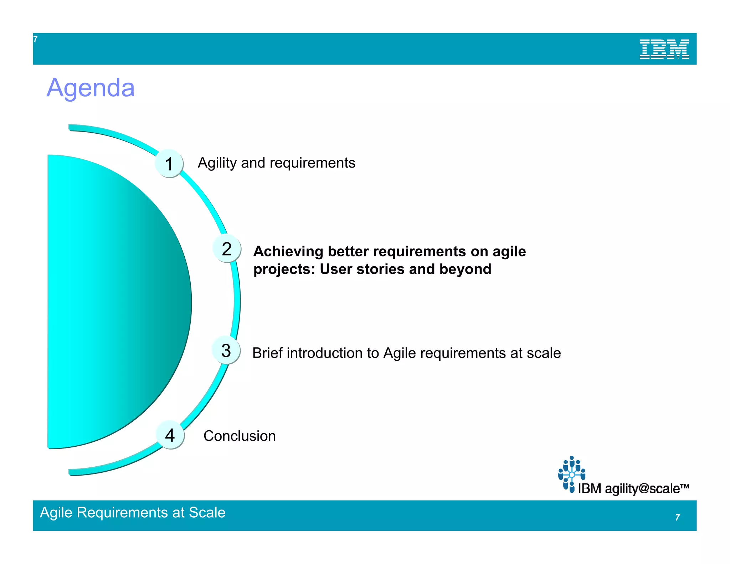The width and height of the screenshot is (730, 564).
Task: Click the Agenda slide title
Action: coord(91,88)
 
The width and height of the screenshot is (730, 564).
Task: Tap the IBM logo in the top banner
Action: coord(664,49)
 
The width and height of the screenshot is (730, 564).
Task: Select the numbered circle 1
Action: coord(169,164)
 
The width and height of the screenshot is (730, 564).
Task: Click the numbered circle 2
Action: coord(227,248)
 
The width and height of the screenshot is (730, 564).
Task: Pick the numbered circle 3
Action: coord(226,350)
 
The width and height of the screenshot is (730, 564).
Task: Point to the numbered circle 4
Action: coord(170,435)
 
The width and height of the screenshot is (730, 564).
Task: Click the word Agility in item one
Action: coord(217,163)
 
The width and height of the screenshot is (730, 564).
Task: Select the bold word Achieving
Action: coord(288,251)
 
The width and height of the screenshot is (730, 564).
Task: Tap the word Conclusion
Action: coord(240,436)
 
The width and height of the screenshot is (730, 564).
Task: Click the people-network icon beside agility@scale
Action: coord(571,474)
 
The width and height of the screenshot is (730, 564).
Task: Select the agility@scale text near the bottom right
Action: coord(642,488)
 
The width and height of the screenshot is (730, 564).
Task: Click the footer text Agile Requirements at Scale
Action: coord(133,512)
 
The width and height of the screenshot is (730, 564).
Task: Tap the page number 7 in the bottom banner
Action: coord(677,517)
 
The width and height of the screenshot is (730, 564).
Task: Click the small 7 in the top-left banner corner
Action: coord(35,39)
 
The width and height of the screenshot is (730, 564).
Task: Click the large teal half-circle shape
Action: coord(114,301)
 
